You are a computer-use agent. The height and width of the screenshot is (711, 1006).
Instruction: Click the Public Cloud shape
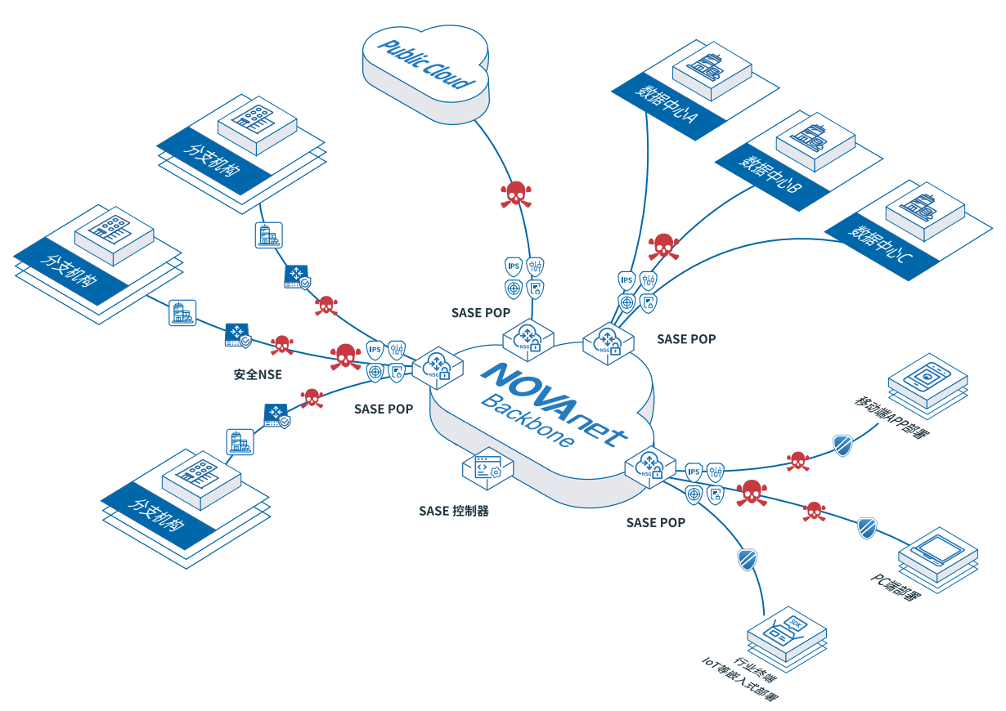426,74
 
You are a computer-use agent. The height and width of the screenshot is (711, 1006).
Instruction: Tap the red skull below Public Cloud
516,194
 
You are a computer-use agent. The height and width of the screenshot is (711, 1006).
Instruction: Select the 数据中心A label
666,104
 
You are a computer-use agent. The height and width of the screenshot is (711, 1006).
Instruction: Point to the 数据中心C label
880,244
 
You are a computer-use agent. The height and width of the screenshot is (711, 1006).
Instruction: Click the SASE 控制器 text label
454,511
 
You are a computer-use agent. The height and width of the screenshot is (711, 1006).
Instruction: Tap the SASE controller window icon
487,468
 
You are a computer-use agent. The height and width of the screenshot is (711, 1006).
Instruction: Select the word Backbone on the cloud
528,421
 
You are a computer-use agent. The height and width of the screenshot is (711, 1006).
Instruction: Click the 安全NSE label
258,374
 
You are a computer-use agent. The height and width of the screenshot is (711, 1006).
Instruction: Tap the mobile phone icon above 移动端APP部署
927,376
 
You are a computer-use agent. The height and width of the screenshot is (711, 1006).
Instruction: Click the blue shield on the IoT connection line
748,560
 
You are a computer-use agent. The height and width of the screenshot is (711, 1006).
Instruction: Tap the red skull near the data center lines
664,247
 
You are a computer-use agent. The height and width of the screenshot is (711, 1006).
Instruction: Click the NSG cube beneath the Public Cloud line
528,340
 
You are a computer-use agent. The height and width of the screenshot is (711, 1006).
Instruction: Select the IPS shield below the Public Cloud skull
514,266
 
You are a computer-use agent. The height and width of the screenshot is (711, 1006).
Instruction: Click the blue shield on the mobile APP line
843,445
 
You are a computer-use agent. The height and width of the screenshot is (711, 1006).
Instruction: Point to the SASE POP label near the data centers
686,339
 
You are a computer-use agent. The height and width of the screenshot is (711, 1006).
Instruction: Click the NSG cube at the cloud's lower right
650,467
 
